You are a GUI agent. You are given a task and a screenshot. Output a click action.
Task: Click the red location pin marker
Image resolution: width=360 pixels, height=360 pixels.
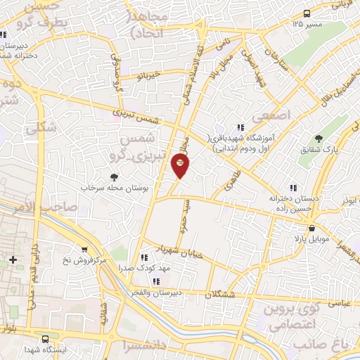[180, 165]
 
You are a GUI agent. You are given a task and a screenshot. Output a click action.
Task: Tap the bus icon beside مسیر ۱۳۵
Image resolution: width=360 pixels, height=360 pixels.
[307, 13]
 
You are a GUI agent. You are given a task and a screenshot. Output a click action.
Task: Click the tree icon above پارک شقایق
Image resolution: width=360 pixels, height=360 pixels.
[319, 138]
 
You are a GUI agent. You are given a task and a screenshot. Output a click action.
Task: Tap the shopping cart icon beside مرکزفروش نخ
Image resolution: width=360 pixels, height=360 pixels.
[84, 249]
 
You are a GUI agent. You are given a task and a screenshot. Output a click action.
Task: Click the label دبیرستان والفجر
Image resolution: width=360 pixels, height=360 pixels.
[160, 291]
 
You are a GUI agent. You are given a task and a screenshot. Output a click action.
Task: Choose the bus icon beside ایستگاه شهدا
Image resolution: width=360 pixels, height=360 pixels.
[46, 338]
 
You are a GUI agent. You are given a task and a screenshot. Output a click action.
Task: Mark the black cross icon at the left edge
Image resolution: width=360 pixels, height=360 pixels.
[13, 260]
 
